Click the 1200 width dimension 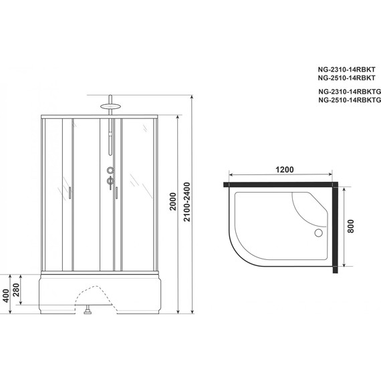[x=285, y=170]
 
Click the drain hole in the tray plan [x=317, y=233]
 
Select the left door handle [x=70, y=194]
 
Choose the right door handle [x=116, y=194]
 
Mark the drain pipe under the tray [x=87, y=309]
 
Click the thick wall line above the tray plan [x=281, y=181]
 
